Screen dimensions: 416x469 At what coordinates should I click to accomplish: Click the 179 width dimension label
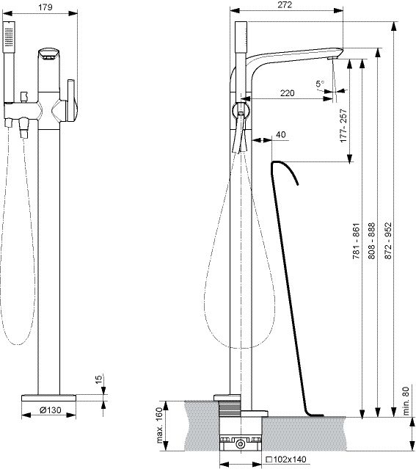pos(45,7)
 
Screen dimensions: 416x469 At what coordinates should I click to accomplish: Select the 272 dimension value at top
pos(285,5)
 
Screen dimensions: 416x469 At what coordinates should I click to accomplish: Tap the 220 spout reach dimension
pos(287,93)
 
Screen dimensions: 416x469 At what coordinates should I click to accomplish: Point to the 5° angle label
pos(320,84)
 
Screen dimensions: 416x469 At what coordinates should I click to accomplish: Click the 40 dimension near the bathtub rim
pos(280,134)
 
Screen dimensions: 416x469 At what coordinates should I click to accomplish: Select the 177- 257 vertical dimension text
pos(343,126)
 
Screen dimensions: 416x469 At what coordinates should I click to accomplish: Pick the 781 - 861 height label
pos(356,241)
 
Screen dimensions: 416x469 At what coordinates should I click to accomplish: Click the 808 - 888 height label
pos(371,241)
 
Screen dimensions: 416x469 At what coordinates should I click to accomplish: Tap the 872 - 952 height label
pos(388,241)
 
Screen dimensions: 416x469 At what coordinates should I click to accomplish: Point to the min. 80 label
pos(406,401)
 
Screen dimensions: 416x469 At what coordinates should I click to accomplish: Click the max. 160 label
pos(160,425)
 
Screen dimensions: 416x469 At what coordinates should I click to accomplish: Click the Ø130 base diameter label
pos(50,410)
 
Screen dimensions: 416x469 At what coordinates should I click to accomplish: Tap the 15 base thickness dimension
pos(98,378)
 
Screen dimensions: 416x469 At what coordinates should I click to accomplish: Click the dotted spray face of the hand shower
pos(9,37)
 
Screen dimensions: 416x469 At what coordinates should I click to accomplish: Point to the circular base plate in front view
pos(48,398)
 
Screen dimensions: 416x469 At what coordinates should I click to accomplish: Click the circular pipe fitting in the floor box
pos(240,444)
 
